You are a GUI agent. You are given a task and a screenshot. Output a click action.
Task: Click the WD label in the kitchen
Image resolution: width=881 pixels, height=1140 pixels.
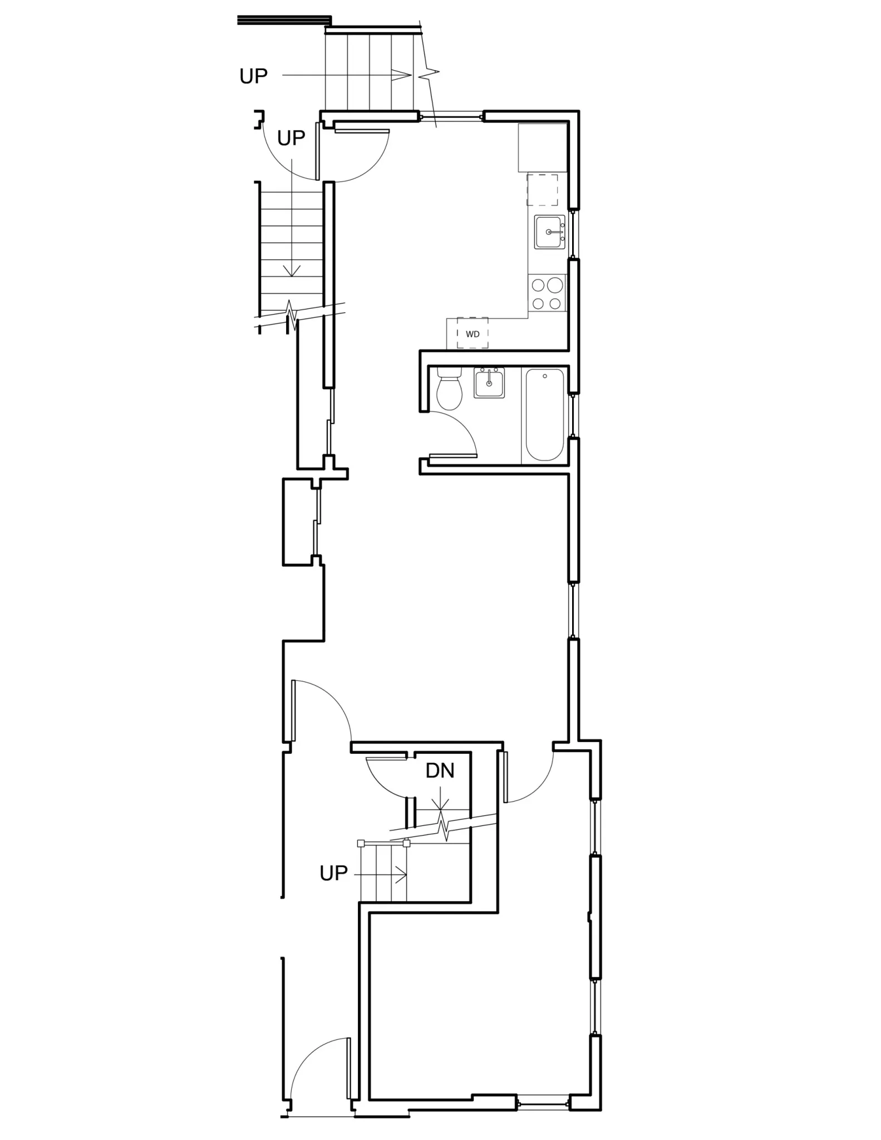[x=473, y=334]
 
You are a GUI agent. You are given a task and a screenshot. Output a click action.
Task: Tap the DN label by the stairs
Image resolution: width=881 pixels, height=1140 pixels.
[x=440, y=770]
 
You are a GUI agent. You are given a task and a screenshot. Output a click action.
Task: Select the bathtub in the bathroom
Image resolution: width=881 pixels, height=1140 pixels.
[x=545, y=414]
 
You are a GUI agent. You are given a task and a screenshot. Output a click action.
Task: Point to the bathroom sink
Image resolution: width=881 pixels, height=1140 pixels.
[x=489, y=383]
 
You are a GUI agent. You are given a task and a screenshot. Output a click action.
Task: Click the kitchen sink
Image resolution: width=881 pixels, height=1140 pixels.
[x=549, y=232]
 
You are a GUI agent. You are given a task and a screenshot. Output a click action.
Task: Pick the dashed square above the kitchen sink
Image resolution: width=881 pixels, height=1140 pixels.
[x=542, y=189]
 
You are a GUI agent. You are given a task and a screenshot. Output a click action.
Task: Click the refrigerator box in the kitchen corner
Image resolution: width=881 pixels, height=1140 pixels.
[x=542, y=148]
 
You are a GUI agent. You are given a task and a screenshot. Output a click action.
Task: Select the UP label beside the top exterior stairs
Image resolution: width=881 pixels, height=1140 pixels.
[x=253, y=76]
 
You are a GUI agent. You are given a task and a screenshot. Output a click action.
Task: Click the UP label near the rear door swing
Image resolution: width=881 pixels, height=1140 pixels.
[x=291, y=138]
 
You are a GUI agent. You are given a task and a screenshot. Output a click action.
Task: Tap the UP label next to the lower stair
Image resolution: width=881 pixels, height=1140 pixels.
[x=333, y=873]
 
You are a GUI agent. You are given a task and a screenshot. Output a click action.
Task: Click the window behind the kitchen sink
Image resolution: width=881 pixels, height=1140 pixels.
[x=572, y=234]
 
